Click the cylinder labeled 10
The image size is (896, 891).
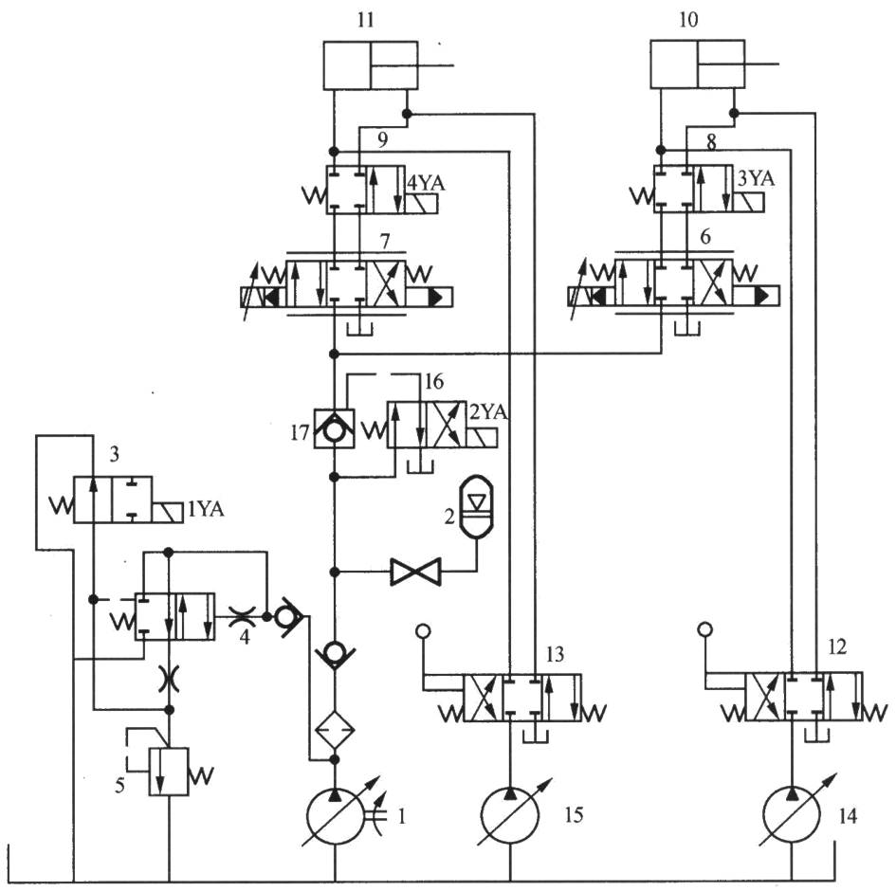tap(697, 65)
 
